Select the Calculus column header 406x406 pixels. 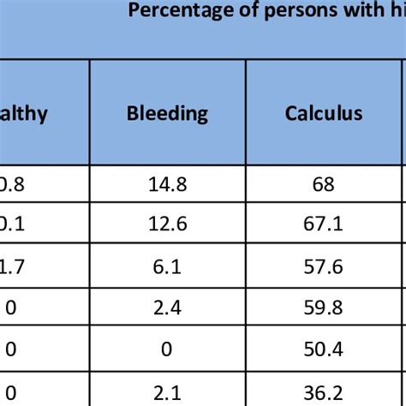click(325, 113)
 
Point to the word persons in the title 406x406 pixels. click(270, 10)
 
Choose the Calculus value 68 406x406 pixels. click(325, 185)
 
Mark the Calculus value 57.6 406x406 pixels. click(325, 267)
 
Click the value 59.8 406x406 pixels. click(325, 307)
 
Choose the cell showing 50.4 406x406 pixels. click(325, 349)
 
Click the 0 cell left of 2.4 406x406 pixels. click(10, 307)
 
